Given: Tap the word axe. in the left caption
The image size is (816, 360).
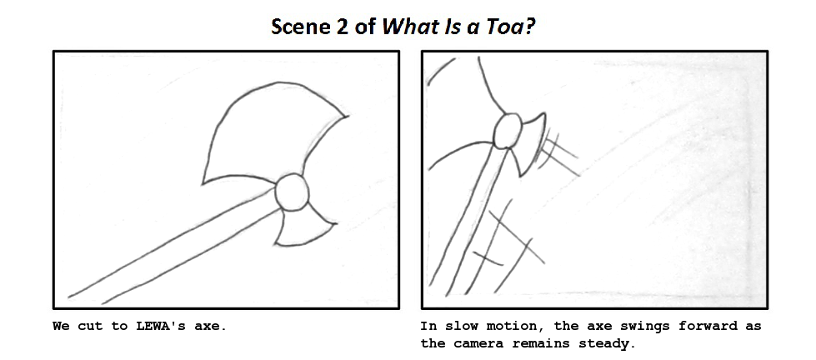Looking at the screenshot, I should click(x=209, y=326).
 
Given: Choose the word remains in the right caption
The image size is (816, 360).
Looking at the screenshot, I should click(x=543, y=343).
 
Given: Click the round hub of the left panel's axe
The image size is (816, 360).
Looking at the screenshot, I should click(x=292, y=192).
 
